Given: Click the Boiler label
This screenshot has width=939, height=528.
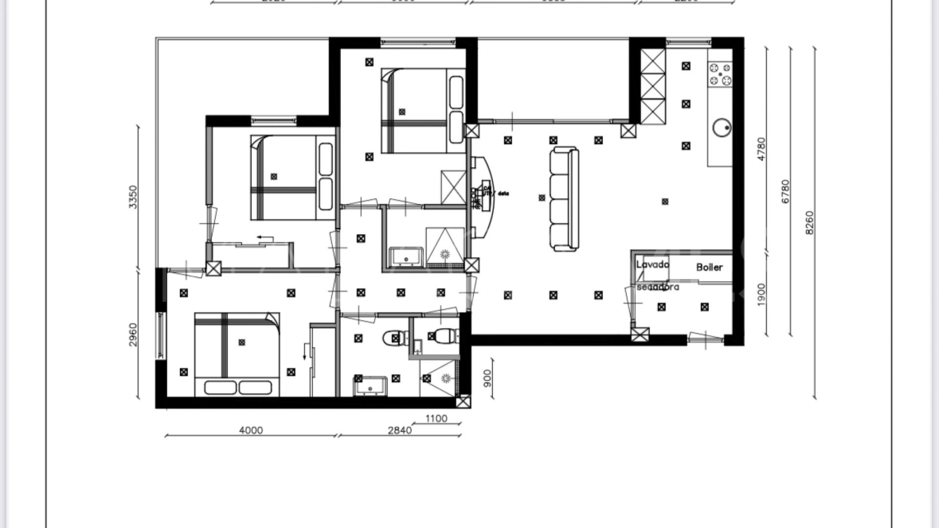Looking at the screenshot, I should coord(709,267).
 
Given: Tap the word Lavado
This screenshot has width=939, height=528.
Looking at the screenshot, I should coord(652,264).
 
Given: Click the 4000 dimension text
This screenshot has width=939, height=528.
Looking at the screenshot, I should coord(251,430).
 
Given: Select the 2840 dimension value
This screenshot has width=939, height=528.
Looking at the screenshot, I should coord(400,430).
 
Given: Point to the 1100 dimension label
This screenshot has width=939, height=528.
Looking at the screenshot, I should coord(436,418).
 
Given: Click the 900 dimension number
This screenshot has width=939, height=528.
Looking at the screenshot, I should coord(487,378).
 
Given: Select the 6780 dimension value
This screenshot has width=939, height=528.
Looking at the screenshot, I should coord(785,192).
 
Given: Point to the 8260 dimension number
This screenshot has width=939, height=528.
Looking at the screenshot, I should coord(809,222).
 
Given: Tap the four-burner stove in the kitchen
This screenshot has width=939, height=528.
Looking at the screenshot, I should coord(720,74).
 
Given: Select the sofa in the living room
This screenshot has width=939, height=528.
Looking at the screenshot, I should coord(564,199).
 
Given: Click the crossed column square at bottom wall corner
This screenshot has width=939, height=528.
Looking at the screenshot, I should coord(463,402).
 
